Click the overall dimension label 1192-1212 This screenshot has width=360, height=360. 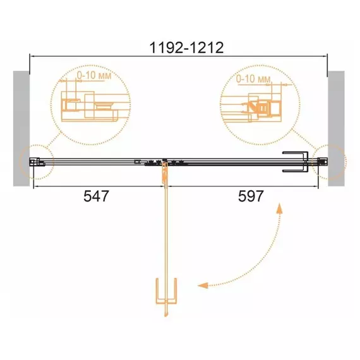coord(186,48)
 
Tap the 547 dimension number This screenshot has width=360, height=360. coord(96,196)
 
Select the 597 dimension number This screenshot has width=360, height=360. coord(251,196)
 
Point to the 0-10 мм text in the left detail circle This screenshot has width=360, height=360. coord(94,76)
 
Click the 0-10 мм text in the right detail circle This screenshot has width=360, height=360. coord(253,79)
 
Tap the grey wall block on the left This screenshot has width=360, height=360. coord(21,128)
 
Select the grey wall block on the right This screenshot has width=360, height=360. coord(336,128)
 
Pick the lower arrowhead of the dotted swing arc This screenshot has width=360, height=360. coord(203,285)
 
